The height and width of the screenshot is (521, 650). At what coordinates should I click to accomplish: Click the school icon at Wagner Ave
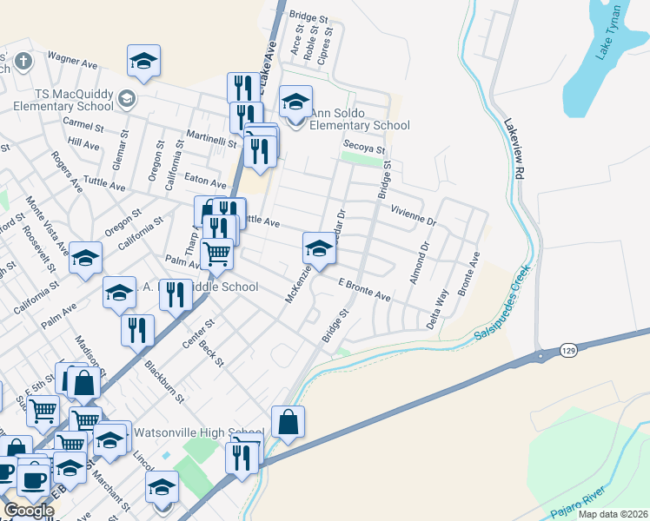point(143,61)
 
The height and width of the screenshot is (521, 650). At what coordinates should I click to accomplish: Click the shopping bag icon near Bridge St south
point(289,422)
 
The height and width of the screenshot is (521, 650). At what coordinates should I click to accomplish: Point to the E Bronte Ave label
point(364,289)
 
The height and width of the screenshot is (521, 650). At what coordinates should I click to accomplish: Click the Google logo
point(28,511)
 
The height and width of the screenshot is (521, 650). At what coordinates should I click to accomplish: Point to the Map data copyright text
point(612,514)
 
